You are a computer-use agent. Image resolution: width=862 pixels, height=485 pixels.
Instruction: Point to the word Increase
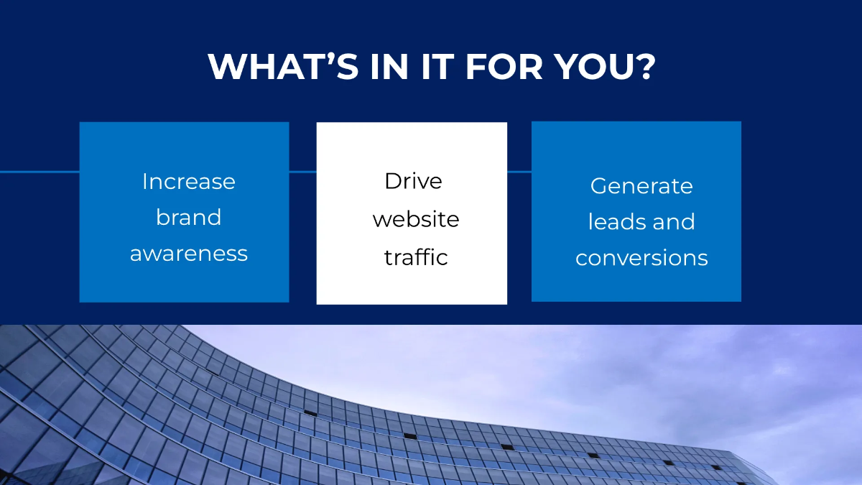pos(189,181)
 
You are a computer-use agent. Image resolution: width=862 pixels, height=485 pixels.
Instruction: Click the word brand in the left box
pos(189,217)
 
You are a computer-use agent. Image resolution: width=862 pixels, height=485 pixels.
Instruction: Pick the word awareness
pos(189,253)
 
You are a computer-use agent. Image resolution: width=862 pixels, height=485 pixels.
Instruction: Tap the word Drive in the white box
pos(413,181)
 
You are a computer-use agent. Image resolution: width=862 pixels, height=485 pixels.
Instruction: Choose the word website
pos(416,219)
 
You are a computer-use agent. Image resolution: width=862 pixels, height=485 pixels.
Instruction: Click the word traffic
pos(416,257)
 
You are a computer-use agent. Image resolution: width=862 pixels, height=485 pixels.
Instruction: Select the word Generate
pos(641,186)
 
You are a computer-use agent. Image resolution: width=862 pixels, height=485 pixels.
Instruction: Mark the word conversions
pos(641,258)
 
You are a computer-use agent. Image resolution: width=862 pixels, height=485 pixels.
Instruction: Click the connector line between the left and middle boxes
pos(302,172)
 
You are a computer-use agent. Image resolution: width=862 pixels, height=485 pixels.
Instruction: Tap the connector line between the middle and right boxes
pos(519,172)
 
